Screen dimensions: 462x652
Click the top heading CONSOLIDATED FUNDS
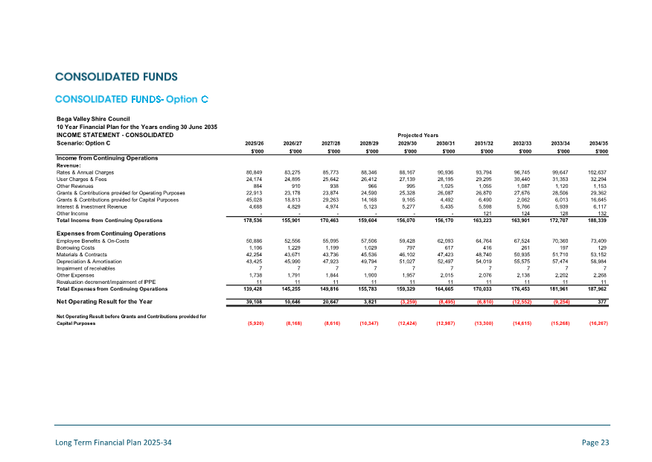click(x=116, y=77)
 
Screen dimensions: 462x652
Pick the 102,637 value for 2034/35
click(x=598, y=172)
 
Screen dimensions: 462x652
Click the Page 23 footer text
click(x=595, y=443)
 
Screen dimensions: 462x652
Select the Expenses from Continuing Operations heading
click(x=111, y=233)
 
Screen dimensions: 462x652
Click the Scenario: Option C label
click(x=83, y=142)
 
